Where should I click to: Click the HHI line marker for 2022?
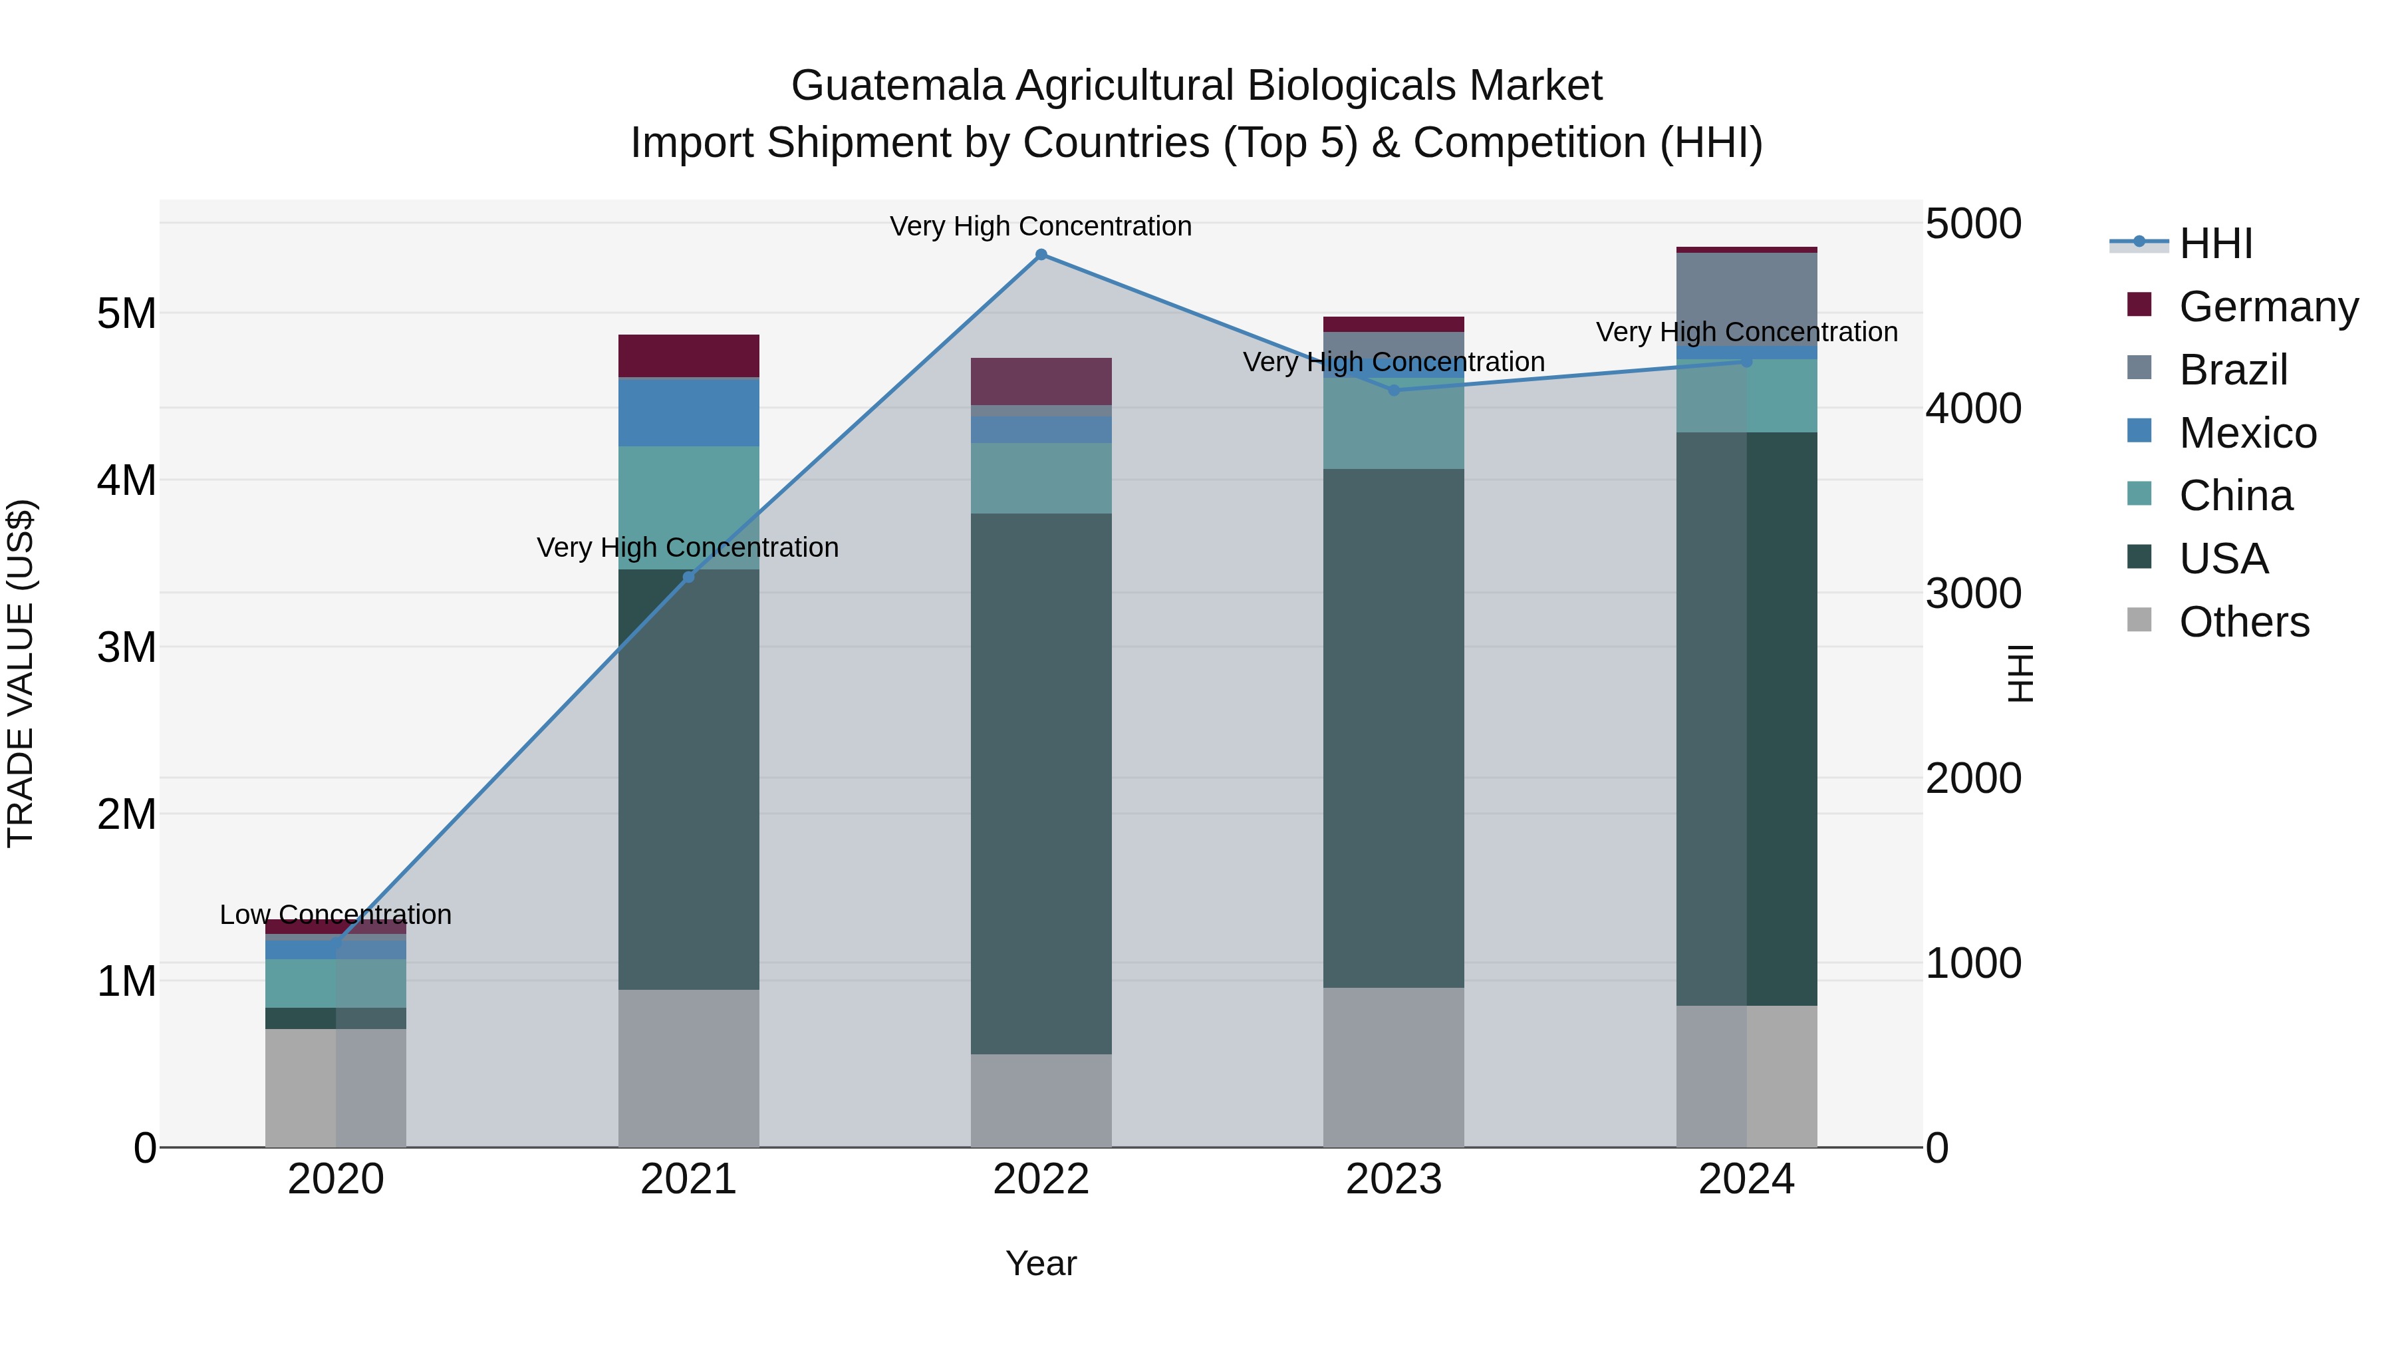click(1041, 255)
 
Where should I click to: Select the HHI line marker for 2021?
click(689, 577)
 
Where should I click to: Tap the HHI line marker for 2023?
click(1393, 390)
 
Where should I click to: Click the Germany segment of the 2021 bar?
click(689, 355)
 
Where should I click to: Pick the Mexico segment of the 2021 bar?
click(689, 412)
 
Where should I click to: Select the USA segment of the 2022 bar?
click(1041, 783)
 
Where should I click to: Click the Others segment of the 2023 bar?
click(1393, 1066)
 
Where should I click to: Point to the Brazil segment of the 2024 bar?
click(1746, 297)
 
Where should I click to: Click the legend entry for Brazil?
click(2232, 370)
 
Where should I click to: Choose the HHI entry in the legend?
click(2216, 243)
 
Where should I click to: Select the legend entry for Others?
click(2244, 622)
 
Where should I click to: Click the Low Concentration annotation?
click(336, 915)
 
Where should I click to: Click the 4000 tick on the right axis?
click(1972, 408)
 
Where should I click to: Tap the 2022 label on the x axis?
click(1041, 1179)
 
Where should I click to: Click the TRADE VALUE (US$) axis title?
click(21, 673)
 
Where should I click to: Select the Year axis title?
click(1041, 1263)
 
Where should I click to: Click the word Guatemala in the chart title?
click(897, 86)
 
